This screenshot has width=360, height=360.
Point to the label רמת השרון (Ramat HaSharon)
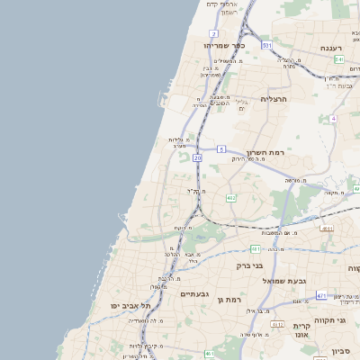(x=265, y=153)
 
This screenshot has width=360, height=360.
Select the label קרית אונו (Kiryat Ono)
(x=301, y=330)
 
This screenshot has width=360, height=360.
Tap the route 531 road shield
(x=266, y=45)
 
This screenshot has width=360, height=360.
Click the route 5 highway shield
(x=221, y=148)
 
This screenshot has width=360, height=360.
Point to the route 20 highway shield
(x=197, y=157)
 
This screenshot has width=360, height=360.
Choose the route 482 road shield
(x=231, y=197)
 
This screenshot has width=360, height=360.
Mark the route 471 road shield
(x=321, y=295)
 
